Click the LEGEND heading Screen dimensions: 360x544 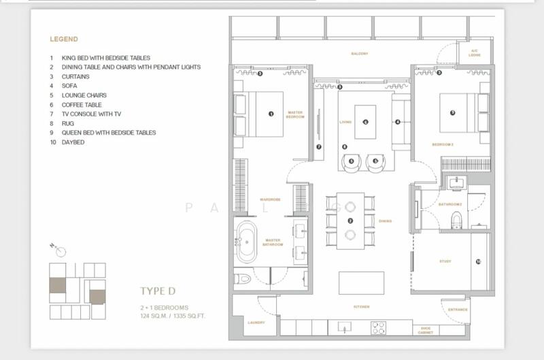point(64,39)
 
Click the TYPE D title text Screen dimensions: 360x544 point(158,291)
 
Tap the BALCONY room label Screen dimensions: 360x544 point(360,54)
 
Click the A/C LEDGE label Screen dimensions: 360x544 point(475,52)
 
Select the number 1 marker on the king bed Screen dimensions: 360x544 point(271,114)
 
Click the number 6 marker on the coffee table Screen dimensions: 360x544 point(365,122)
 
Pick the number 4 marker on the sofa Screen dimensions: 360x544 point(398,122)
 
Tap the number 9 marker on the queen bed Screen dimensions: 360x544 point(452,113)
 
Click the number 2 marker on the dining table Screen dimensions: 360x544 point(350,220)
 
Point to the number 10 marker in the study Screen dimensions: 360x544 point(478,261)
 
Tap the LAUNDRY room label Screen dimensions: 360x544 point(256,323)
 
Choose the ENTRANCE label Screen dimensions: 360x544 point(458,310)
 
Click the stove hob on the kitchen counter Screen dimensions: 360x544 point(378,327)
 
